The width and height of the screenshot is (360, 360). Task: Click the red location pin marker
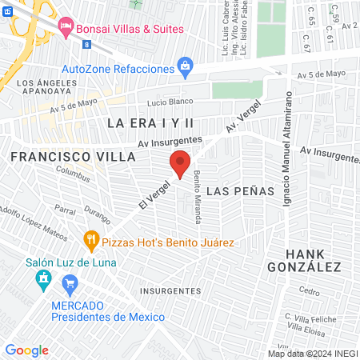tap(180, 163)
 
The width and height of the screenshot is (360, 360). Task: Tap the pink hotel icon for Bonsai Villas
tap(66, 28)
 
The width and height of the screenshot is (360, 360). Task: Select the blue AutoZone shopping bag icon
tap(186, 64)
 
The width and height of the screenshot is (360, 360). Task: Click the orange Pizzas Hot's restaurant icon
tap(90, 239)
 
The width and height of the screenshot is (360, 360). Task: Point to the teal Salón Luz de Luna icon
tap(42, 279)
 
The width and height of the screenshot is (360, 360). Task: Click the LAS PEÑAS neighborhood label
tap(240, 192)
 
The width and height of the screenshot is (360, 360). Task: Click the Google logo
tap(27, 350)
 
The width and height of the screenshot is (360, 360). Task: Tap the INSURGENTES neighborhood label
tap(170, 291)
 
